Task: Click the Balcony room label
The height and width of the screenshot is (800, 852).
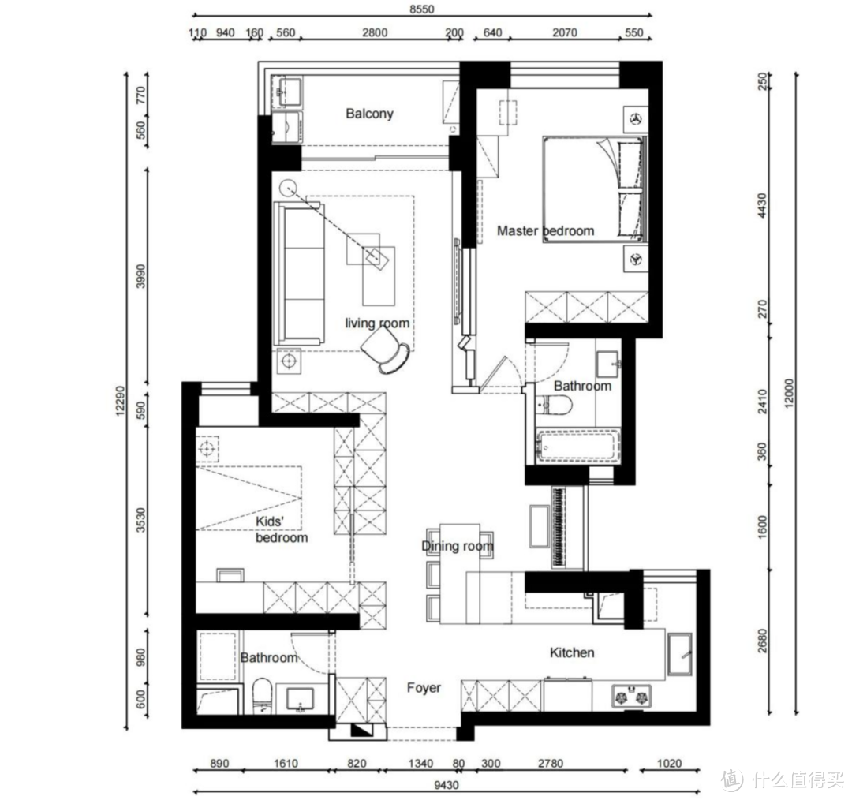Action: (369, 114)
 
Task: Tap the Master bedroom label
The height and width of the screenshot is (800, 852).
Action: (546, 231)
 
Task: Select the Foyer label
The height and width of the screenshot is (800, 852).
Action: (424, 688)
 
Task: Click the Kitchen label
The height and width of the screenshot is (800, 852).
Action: (572, 652)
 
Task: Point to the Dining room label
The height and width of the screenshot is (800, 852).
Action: (458, 546)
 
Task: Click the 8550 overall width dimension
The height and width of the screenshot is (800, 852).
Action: (421, 9)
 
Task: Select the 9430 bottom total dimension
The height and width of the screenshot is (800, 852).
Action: (446, 785)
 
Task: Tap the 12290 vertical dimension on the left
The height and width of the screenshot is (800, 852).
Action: (120, 401)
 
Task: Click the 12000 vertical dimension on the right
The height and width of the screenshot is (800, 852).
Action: (789, 392)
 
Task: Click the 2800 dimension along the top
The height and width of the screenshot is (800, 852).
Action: (375, 32)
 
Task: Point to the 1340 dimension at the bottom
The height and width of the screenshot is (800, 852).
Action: (420, 764)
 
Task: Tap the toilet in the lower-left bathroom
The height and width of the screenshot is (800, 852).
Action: (262, 696)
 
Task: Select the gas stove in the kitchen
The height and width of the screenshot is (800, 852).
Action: (631, 696)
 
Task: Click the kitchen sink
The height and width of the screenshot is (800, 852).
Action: (680, 654)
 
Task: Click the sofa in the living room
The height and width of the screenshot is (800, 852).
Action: (300, 274)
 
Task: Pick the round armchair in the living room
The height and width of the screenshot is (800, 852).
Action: (385, 352)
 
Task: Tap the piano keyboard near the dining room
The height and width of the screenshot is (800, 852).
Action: (559, 528)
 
